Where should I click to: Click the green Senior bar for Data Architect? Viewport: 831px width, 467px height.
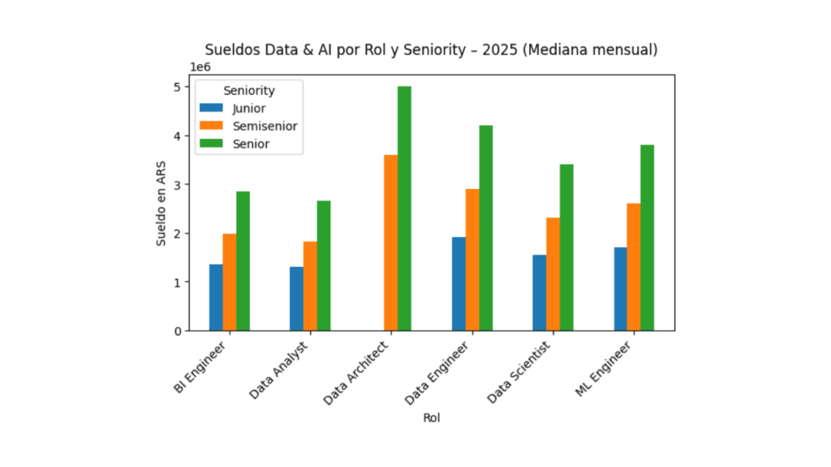pos(404,208)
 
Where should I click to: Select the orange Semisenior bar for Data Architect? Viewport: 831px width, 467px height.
pos(391,242)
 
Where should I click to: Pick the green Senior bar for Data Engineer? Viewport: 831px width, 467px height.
pos(485,228)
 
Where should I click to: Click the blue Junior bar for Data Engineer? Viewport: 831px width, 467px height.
pos(459,284)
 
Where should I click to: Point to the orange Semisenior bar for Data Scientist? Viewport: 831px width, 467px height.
pos(553,274)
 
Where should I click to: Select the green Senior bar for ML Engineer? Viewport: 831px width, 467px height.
pos(647,238)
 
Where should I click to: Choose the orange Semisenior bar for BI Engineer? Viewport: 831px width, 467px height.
pos(230,282)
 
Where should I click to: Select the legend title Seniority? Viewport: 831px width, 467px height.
pos(249,91)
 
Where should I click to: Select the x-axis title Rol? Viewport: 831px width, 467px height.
pos(432,418)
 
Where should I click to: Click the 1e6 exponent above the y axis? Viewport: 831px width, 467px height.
pos(199,68)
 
